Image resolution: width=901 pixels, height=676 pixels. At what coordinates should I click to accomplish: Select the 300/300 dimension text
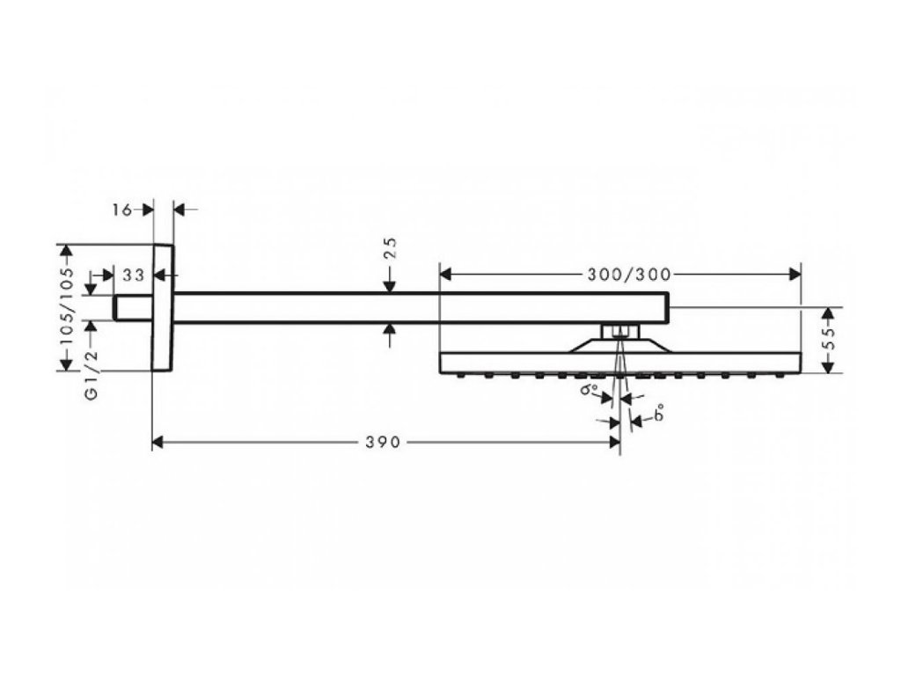click(x=621, y=273)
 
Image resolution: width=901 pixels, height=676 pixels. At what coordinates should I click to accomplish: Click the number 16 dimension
click(x=122, y=209)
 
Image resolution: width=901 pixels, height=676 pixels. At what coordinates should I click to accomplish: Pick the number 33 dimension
click(x=133, y=275)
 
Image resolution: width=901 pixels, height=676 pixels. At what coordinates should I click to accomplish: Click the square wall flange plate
click(x=163, y=307)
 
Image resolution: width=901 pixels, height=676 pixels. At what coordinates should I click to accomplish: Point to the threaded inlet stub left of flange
click(x=133, y=307)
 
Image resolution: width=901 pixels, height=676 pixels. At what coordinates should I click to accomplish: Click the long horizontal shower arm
click(x=422, y=307)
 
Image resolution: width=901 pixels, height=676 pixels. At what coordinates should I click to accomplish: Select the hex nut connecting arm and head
click(x=621, y=332)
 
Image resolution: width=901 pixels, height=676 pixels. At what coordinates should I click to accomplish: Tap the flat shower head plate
click(x=620, y=362)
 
